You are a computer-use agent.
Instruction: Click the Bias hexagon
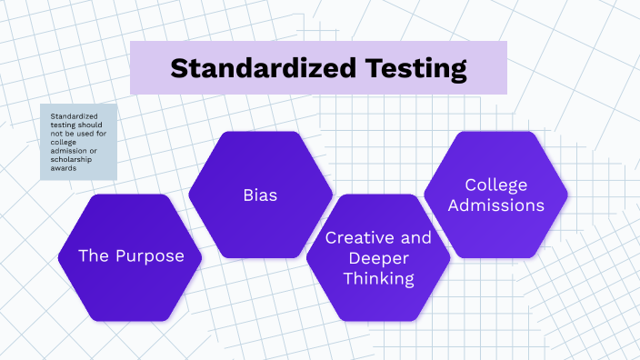pyautogui.click(x=260, y=195)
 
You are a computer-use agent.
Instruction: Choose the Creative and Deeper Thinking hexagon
pyautogui.click(x=378, y=258)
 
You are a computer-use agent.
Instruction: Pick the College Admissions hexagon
pyautogui.click(x=496, y=195)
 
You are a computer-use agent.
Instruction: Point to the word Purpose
pyautogui.click(x=149, y=256)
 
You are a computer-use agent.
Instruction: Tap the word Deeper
pyautogui.click(x=378, y=258)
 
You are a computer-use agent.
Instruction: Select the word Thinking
pyautogui.click(x=378, y=278)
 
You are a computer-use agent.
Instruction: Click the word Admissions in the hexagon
pyautogui.click(x=496, y=205)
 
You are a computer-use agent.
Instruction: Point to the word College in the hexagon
pyautogui.click(x=496, y=185)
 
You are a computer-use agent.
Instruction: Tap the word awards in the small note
pyautogui.click(x=63, y=169)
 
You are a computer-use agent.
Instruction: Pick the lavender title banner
pyautogui.click(x=318, y=68)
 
